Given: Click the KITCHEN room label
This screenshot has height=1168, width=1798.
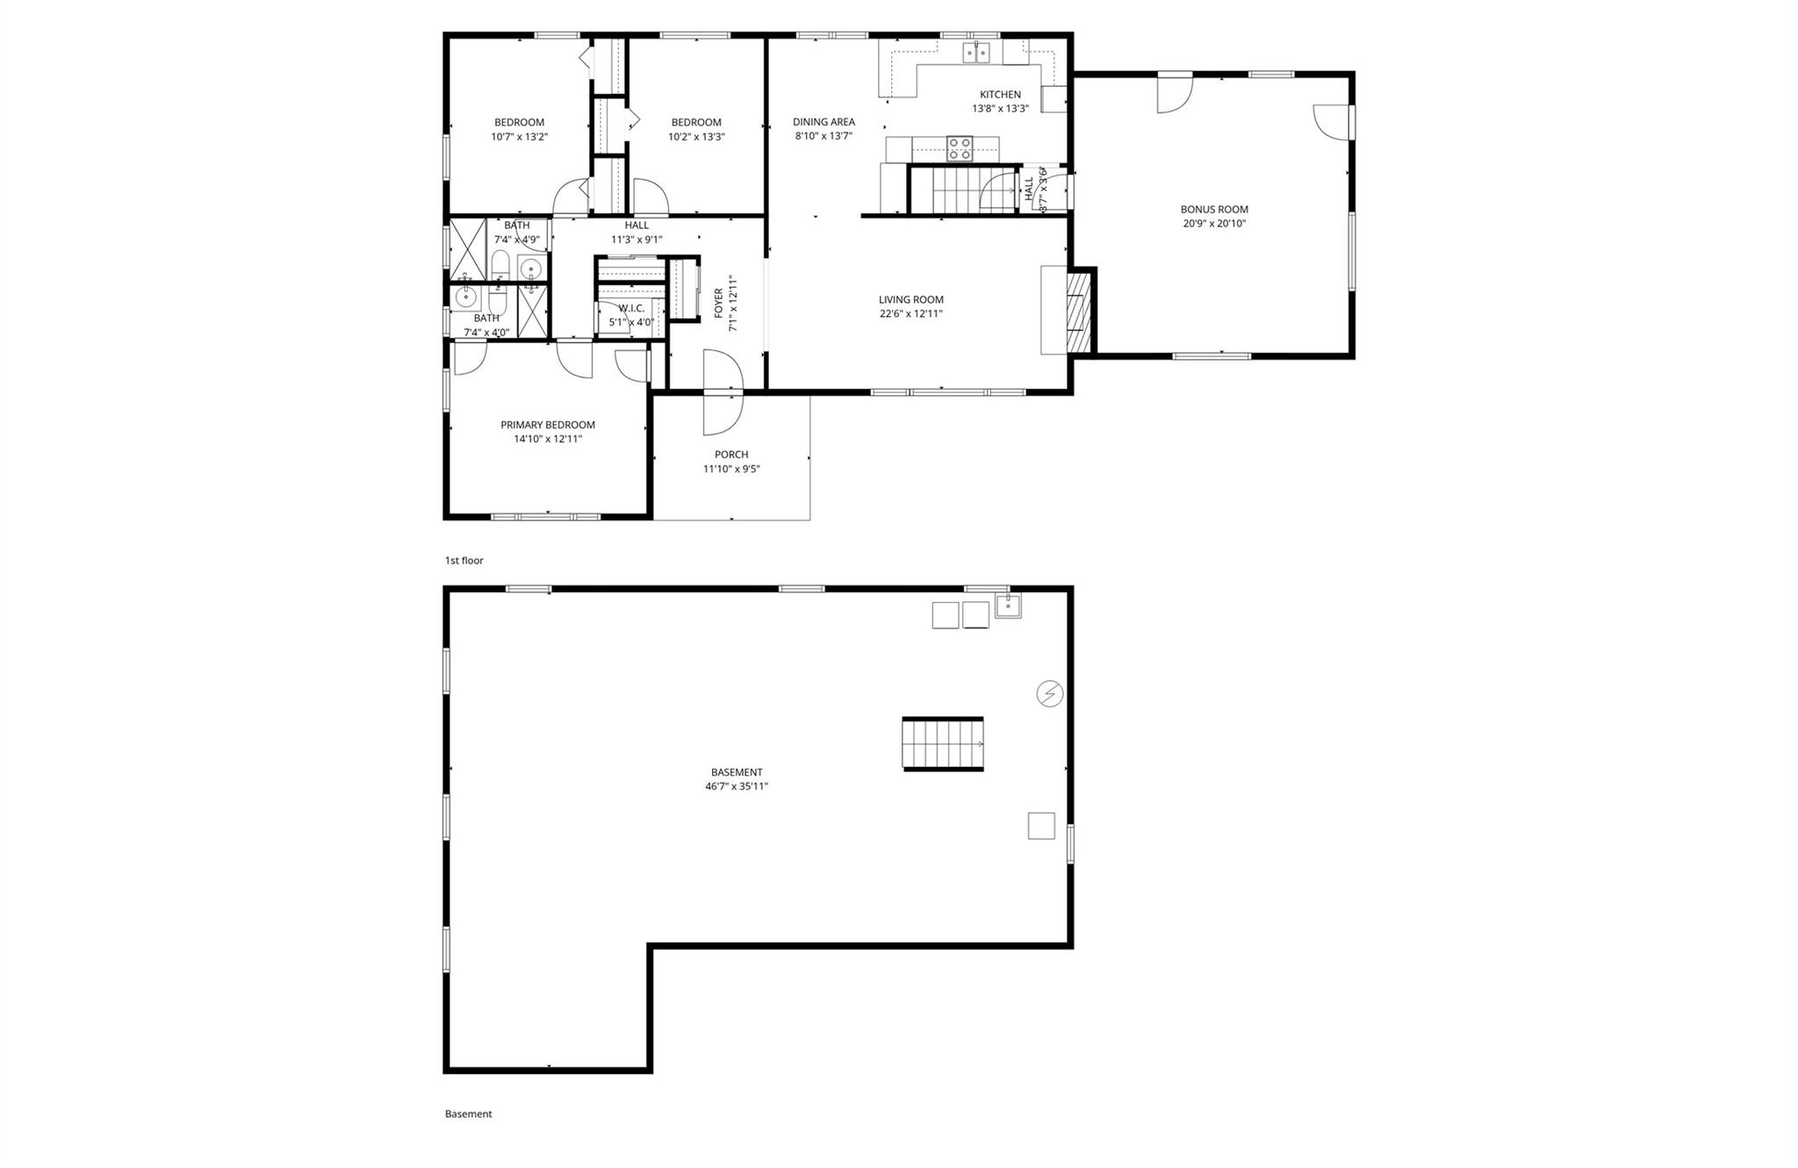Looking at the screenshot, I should (x=1000, y=95).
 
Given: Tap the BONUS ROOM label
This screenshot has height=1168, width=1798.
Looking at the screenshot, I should (x=1214, y=210).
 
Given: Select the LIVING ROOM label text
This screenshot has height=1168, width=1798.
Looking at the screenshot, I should (x=910, y=300).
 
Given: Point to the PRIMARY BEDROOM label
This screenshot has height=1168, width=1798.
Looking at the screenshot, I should (x=548, y=426).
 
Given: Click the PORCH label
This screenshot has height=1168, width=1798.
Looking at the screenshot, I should (x=731, y=455).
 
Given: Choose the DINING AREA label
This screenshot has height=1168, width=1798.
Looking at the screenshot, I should (x=823, y=122).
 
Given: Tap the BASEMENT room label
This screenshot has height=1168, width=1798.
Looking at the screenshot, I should (x=737, y=773).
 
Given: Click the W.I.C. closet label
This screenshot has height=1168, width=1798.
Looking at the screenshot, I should (x=631, y=308).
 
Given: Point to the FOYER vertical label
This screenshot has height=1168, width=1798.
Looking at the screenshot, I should (x=719, y=304).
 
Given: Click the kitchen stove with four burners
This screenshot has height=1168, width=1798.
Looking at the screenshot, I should (x=960, y=148).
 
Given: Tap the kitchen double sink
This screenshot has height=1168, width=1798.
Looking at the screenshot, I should (x=976, y=53).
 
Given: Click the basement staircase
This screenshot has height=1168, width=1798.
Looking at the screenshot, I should (x=943, y=743).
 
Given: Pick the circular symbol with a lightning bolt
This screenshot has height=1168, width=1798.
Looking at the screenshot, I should (x=1049, y=694).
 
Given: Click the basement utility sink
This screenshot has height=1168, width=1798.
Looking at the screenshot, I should (x=1008, y=605).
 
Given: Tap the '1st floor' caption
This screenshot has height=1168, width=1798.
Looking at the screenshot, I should (x=464, y=561).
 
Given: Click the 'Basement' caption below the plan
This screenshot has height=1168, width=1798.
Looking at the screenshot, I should (x=468, y=1114).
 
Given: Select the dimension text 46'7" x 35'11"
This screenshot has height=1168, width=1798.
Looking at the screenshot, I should (x=737, y=787).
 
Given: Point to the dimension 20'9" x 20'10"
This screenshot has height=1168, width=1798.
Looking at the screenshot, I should (x=1214, y=224).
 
